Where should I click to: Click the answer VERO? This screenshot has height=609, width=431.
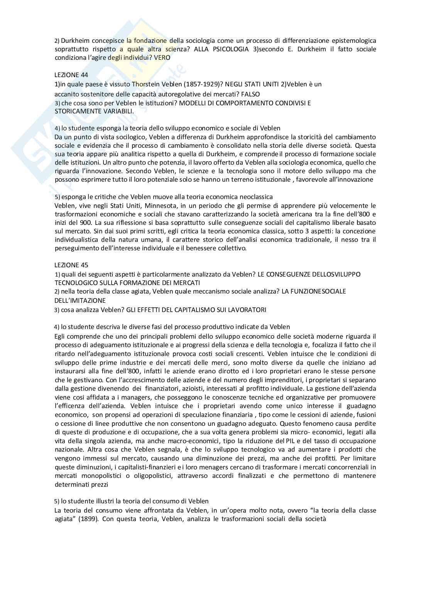162,57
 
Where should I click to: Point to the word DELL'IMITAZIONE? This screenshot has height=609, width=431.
80,300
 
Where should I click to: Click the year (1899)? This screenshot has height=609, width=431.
88,519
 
